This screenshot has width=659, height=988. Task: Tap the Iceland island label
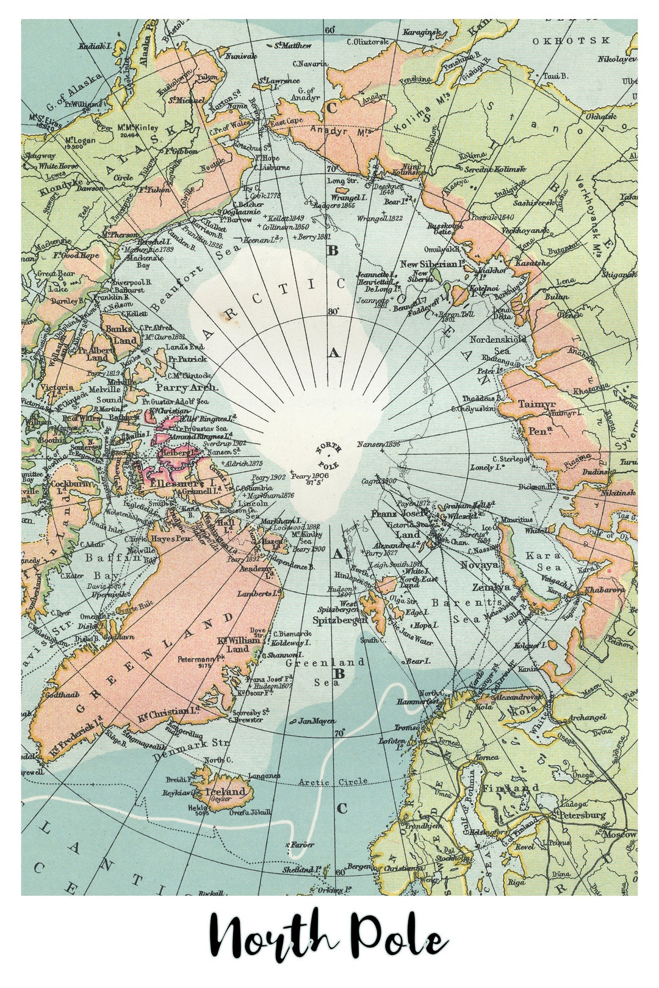[229, 792]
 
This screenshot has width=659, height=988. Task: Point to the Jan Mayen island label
[316, 721]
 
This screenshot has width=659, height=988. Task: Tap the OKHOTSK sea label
[570, 41]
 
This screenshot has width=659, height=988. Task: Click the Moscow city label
[621, 834]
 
